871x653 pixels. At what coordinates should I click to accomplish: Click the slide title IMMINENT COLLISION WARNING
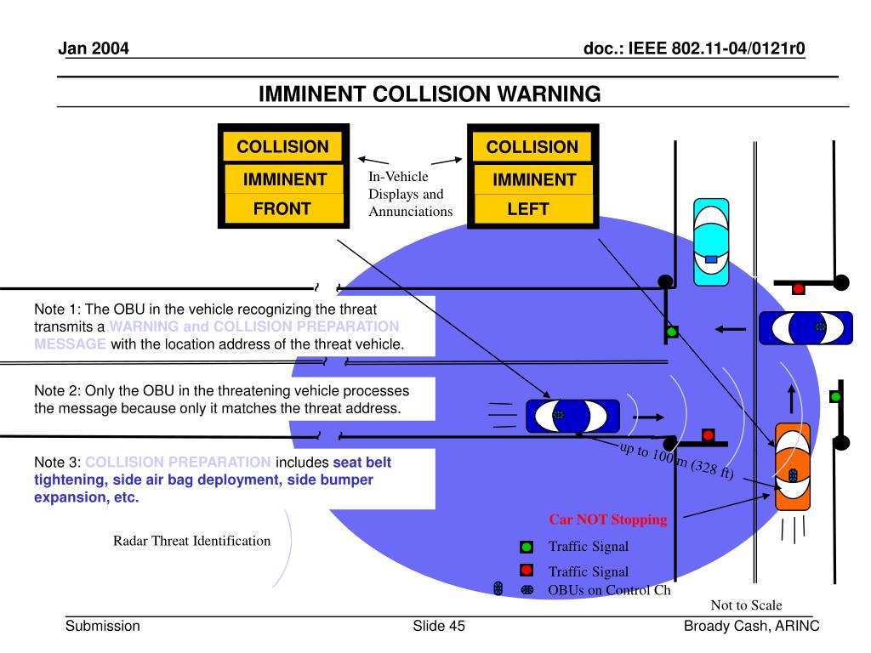[x=430, y=94]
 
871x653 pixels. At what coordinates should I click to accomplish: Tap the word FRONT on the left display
[x=282, y=208]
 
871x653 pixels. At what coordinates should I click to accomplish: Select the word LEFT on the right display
[x=528, y=209]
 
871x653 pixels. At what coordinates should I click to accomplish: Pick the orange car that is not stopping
[x=792, y=466]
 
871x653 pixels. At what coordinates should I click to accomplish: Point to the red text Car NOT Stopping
[x=607, y=520]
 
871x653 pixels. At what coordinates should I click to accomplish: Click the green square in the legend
[x=527, y=547]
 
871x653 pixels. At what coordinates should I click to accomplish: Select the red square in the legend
[x=527, y=571]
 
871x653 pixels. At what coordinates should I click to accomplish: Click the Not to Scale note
[x=746, y=605]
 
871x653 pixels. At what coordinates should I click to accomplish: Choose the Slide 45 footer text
[x=439, y=627]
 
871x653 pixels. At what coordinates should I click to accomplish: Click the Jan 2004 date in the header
[x=94, y=48]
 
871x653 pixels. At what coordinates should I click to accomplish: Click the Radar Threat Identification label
[x=192, y=541]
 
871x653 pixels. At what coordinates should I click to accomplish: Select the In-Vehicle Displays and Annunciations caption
[x=410, y=194]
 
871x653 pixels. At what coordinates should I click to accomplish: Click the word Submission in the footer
[x=103, y=627]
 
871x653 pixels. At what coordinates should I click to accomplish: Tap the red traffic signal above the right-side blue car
[x=798, y=289]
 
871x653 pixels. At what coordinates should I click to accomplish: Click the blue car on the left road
[x=572, y=415]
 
